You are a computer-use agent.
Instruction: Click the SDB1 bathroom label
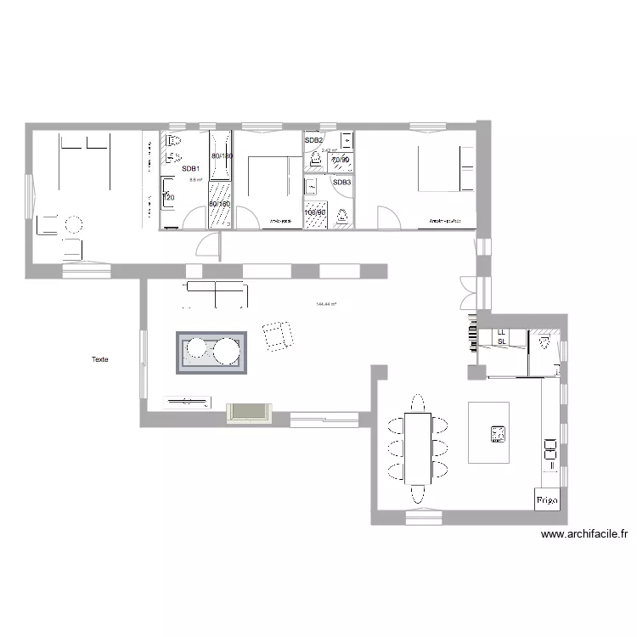pyautogui.click(x=190, y=169)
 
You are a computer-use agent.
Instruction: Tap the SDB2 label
pyautogui.click(x=313, y=140)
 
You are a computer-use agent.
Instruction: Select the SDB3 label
pyautogui.click(x=341, y=183)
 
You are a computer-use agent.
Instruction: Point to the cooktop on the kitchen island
pyautogui.click(x=498, y=435)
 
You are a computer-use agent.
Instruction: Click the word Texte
pyautogui.click(x=100, y=359)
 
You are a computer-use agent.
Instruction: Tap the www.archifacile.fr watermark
pyautogui.click(x=584, y=535)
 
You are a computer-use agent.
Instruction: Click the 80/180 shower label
pyautogui.click(x=221, y=156)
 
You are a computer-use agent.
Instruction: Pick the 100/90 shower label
pyautogui.click(x=316, y=211)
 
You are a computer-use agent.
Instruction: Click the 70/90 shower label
pyautogui.click(x=341, y=160)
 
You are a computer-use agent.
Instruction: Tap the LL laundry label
pyautogui.click(x=501, y=332)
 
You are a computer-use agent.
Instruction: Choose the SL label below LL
pyautogui.click(x=501, y=341)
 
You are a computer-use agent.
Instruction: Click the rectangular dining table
pyautogui.click(x=418, y=447)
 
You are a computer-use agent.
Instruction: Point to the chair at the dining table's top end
pyautogui.click(x=417, y=402)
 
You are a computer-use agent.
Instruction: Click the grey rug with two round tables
pyautogui.click(x=211, y=352)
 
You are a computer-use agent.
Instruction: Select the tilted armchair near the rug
pyautogui.click(x=277, y=335)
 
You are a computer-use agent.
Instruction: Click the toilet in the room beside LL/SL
pyautogui.click(x=543, y=341)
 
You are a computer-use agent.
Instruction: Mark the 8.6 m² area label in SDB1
pyautogui.click(x=194, y=180)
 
